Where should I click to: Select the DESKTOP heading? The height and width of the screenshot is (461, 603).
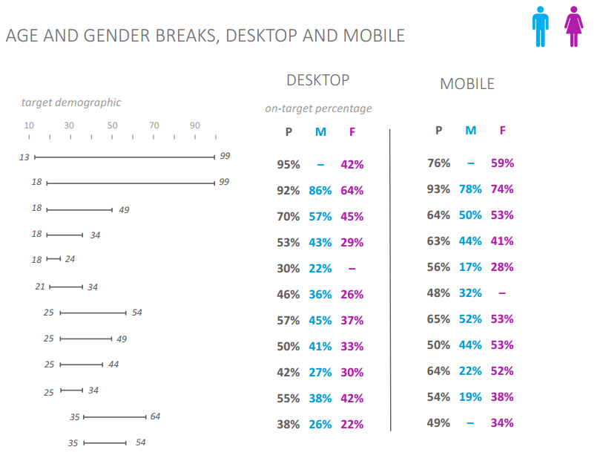pos(317,80)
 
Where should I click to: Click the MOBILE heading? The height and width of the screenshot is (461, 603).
pos(467,84)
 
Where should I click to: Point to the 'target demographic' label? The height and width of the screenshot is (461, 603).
pos(71,102)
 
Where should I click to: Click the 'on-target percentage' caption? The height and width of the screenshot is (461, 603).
pos(318,108)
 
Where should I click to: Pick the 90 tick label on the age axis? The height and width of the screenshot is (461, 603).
pos(195,125)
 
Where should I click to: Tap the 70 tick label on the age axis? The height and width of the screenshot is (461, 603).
pos(154,125)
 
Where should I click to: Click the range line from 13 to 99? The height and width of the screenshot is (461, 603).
pos(125,157)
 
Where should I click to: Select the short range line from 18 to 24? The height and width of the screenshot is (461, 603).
pos(53,259)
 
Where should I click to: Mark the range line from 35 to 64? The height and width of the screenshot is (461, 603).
pos(114,417)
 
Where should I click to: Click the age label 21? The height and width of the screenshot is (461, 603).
pos(41,287)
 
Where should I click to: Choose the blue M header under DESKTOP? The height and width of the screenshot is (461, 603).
pos(320,132)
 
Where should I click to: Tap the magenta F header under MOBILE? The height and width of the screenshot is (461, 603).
pos(502,131)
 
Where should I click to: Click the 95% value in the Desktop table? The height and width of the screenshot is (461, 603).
pos(289,165)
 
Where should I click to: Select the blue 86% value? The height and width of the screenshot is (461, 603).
pos(320,191)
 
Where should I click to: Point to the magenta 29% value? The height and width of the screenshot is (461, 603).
pos(352,243)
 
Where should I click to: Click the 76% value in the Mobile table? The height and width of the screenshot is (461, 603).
pos(438,163)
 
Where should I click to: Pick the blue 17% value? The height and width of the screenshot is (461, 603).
pos(470,267)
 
